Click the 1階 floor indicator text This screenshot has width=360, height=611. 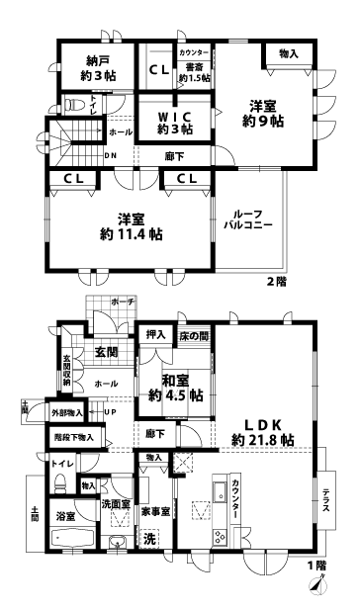coord(315,566)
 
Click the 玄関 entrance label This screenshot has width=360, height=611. coord(106,350)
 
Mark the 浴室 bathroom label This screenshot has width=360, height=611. coord(65,517)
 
